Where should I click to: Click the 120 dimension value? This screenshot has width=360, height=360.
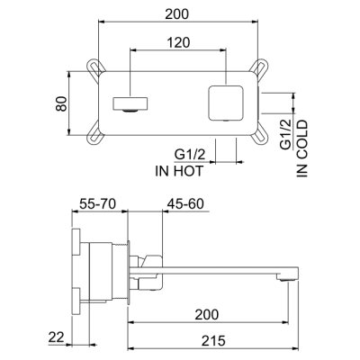tap(178, 42)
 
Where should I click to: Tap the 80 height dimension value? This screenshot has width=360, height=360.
tap(61, 103)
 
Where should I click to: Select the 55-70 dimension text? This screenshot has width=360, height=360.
tap(97, 204)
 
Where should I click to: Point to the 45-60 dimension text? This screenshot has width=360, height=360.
tap(185, 204)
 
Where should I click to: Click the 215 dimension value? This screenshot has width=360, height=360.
tap(213, 341)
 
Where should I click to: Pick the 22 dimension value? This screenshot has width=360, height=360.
tap(57, 337)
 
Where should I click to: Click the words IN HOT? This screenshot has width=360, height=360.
tap(179, 171)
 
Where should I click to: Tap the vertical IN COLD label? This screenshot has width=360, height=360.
tap(302, 148)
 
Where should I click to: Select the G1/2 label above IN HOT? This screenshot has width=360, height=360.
tap(190, 155)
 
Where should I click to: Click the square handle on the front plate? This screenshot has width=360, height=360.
tap(226, 103)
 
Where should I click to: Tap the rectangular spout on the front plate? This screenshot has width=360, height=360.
tap(130, 103)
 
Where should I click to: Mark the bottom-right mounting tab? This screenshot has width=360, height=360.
tap(259, 136)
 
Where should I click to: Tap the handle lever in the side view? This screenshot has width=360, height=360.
tap(153, 260)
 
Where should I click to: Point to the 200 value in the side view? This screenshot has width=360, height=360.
tap(207, 315)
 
